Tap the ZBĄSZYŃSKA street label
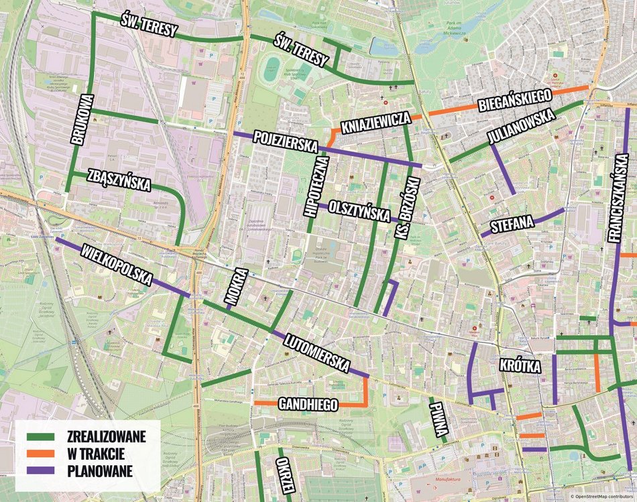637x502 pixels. click(119, 181)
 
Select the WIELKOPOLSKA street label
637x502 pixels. click(116, 266)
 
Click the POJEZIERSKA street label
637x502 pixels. click(284, 141)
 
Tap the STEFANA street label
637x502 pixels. click(511, 223)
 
